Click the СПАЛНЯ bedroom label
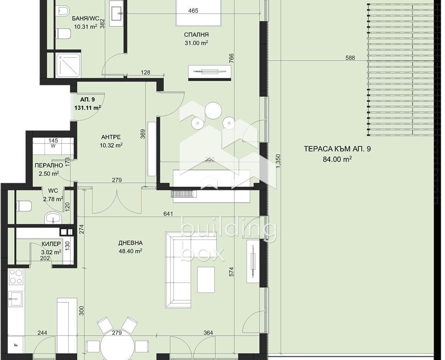click(196, 35)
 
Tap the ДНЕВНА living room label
click(131, 243)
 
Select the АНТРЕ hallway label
click(111, 137)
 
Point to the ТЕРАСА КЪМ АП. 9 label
click(337, 149)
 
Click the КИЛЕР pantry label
click(51, 244)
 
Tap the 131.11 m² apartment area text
click(88, 108)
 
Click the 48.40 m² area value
click(131, 251)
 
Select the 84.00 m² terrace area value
click(337, 159)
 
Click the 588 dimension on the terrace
click(350, 58)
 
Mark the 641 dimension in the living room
click(168, 214)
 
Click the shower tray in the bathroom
click(67, 65)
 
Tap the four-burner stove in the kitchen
click(16, 277)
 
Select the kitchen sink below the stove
click(16, 299)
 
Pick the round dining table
click(117, 346)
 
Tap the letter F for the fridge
click(16, 345)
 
